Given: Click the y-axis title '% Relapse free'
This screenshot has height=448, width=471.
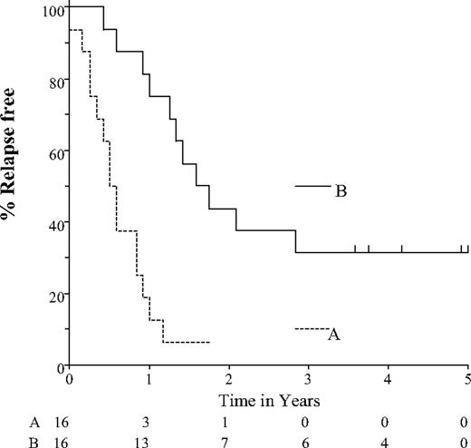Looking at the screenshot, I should (15, 187).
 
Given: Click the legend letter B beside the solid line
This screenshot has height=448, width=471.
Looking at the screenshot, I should (341, 191).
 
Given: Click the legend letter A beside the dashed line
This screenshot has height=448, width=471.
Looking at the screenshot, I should (333, 335).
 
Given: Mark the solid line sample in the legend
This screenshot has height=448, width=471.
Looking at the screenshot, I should (312, 186).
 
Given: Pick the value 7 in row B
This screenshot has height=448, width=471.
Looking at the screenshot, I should (228, 439).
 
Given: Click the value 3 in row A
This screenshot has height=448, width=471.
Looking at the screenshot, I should (149, 422).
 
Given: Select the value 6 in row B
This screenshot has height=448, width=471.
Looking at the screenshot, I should (308, 439).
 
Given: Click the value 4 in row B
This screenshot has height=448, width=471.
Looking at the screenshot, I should (388, 439).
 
